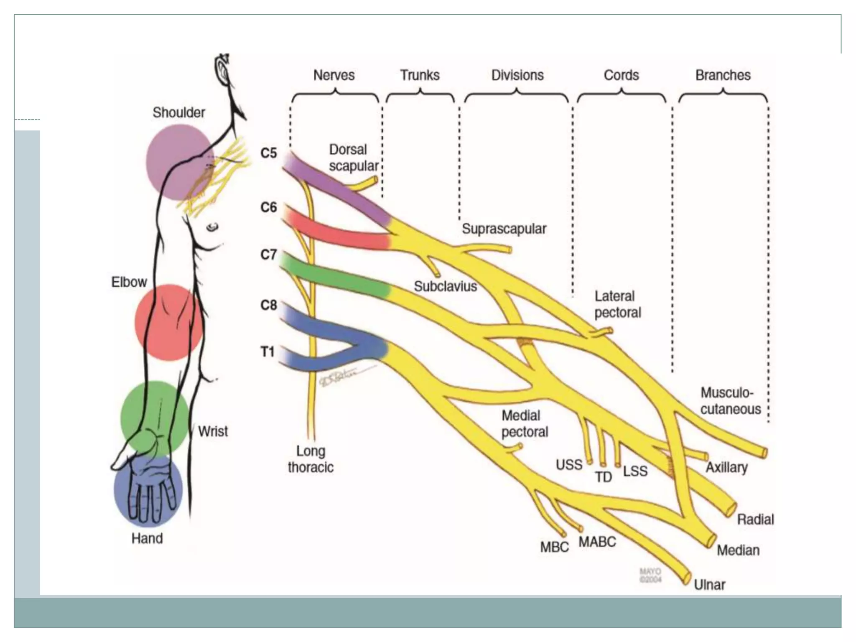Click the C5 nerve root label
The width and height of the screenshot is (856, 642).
(x=268, y=153)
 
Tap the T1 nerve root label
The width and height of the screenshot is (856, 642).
(x=267, y=352)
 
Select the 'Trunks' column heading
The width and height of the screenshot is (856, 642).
(x=420, y=75)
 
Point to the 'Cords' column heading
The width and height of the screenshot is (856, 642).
(x=621, y=75)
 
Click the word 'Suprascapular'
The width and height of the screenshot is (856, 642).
(x=504, y=229)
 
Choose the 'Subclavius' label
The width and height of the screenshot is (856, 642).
(x=445, y=286)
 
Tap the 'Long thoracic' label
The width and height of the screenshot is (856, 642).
(x=311, y=459)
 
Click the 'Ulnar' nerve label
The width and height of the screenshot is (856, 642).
(x=709, y=585)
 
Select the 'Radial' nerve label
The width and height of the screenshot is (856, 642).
(x=755, y=520)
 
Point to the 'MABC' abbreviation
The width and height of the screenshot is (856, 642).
(x=597, y=542)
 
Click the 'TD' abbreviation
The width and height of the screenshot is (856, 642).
(x=603, y=477)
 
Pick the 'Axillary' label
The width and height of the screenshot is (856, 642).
(x=726, y=467)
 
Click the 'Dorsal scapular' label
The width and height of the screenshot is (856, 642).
(x=353, y=158)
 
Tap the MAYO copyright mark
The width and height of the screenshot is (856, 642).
(x=650, y=575)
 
